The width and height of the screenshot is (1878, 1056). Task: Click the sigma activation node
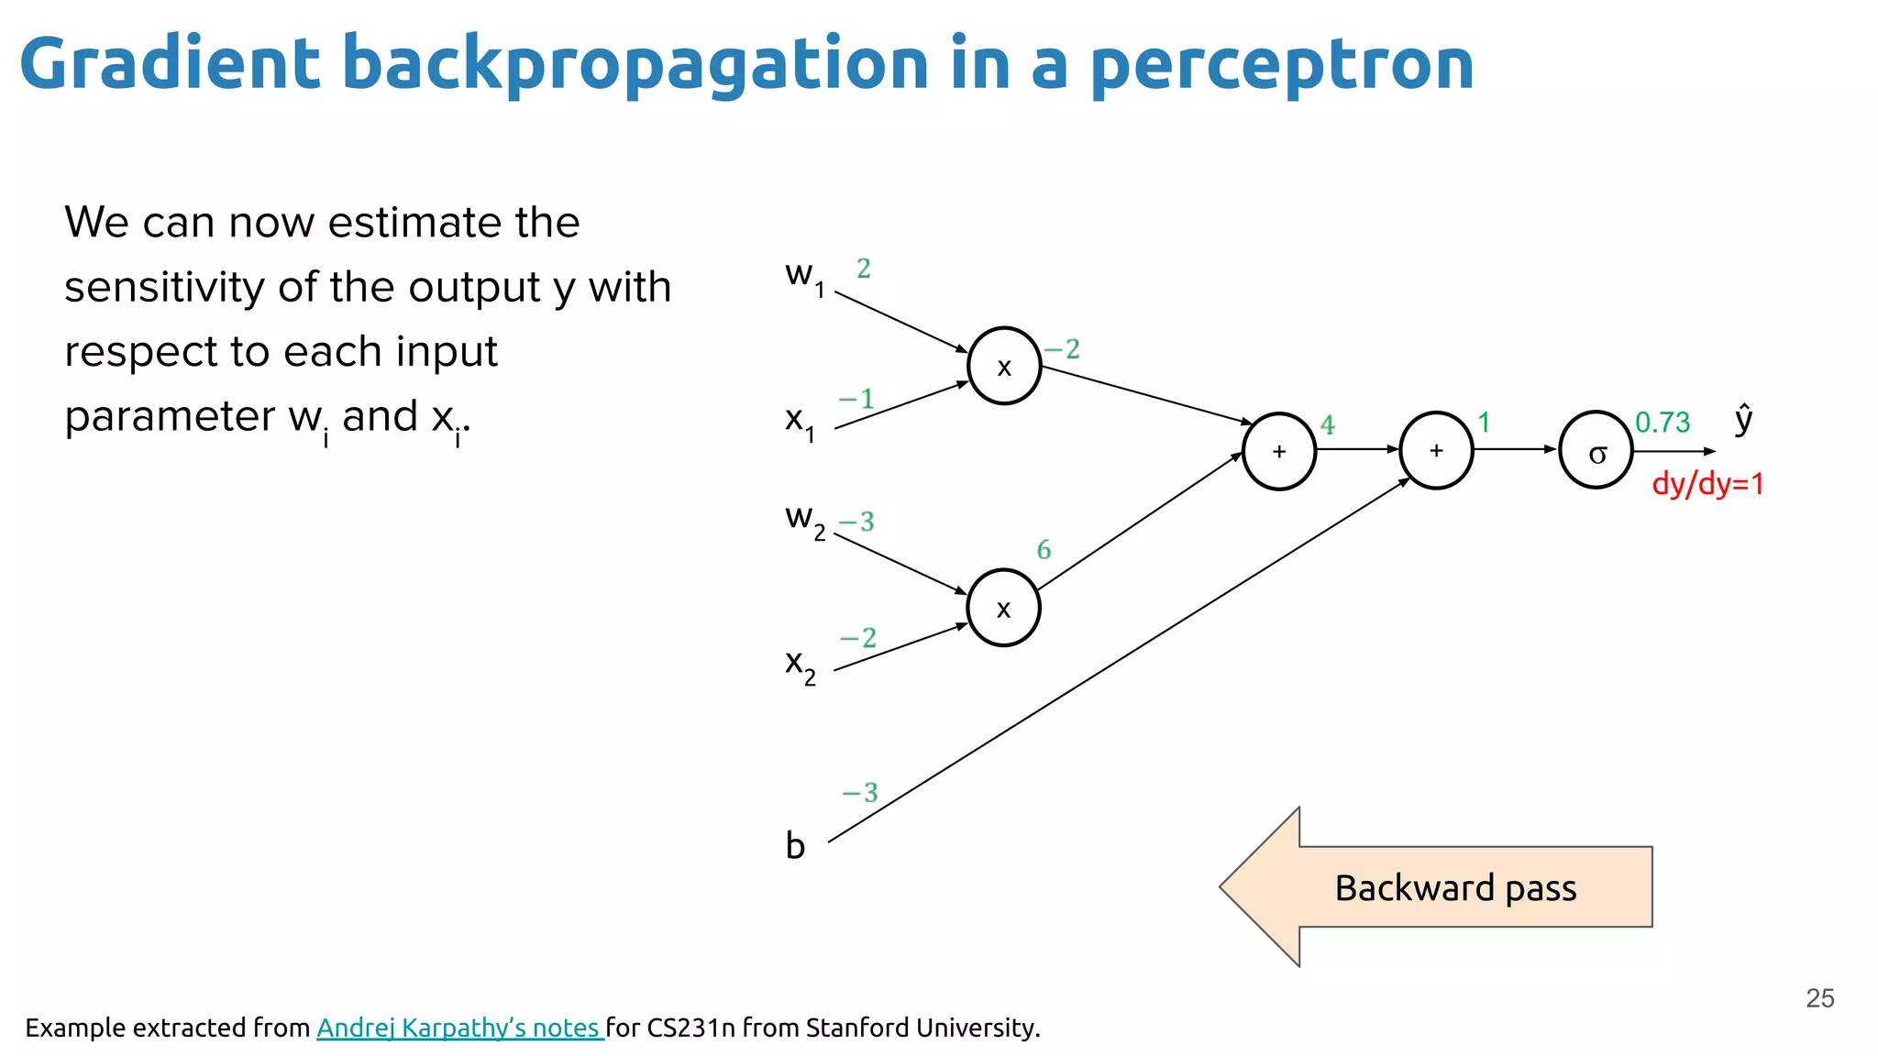click(1596, 450)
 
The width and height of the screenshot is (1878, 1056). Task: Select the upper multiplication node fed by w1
click(1004, 366)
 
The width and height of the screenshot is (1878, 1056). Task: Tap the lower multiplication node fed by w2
click(1003, 608)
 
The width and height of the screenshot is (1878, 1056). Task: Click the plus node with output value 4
click(1279, 451)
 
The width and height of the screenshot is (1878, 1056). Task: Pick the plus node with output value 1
click(1436, 450)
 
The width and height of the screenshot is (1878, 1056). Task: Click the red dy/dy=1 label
click(1707, 484)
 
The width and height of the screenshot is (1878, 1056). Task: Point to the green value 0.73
click(1663, 423)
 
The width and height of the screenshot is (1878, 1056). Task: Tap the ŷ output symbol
click(1743, 419)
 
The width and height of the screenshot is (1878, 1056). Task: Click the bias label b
click(795, 845)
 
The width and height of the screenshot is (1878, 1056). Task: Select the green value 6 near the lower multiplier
click(1044, 550)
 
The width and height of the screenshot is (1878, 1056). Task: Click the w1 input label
click(804, 275)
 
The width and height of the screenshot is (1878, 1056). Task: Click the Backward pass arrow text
click(1455, 888)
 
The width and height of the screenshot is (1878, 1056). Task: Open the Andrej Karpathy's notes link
click(458, 1028)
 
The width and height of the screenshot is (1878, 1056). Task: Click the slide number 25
click(1819, 998)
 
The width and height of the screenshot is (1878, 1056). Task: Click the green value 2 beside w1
click(863, 269)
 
